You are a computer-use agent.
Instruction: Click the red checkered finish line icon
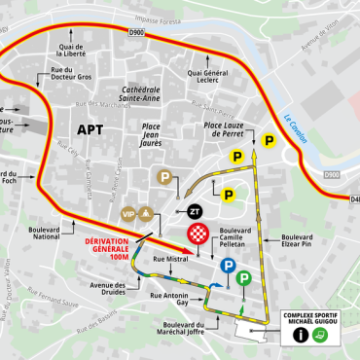198,234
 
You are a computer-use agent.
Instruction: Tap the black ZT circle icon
194,210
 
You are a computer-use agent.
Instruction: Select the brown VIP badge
126,213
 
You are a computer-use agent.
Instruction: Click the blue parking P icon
227,266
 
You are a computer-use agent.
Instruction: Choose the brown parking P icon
166,177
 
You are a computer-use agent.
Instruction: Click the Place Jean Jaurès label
151,133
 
